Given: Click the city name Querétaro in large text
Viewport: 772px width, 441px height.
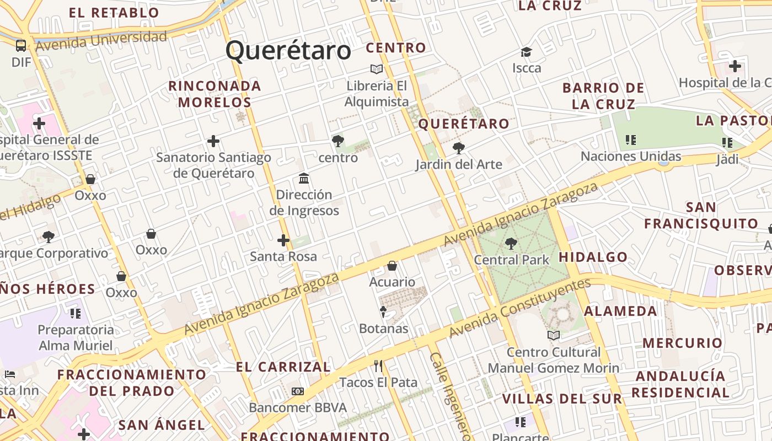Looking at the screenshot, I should (288, 51).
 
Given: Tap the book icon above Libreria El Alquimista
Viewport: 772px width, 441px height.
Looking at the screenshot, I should (377, 69).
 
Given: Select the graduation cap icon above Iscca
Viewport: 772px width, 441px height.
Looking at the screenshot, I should (526, 52).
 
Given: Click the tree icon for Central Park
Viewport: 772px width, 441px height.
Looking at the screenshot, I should (511, 243).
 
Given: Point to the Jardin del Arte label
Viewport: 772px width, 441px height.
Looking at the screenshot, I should (459, 164).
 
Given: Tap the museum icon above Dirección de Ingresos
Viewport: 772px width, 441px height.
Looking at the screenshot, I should (304, 179).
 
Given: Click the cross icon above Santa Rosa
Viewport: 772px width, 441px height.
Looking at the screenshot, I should (283, 240).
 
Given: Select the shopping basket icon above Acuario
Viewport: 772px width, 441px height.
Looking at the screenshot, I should (392, 266).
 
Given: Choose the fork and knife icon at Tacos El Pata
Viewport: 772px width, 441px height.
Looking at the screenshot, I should (378, 366).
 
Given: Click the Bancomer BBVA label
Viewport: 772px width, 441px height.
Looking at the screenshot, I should (298, 408).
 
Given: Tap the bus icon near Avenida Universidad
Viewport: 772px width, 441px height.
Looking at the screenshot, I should (21, 46).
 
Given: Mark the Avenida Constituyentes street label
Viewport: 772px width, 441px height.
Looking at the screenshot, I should (519, 309).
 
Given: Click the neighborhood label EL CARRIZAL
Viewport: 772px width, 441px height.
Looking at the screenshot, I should (283, 367).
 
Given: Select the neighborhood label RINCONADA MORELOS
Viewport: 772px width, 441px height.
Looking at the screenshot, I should (215, 94).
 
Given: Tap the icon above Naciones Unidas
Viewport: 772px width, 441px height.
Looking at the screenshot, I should (631, 140).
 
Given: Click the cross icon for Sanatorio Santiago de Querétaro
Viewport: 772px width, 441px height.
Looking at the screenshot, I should (213, 142).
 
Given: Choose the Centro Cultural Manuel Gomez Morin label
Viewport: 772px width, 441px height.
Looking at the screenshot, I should (554, 360).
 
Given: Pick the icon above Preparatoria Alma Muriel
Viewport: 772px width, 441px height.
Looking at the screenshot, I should (76, 314).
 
